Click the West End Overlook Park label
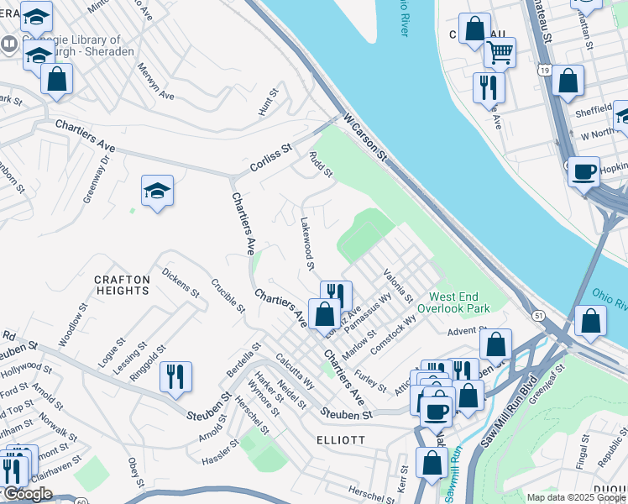[459, 302]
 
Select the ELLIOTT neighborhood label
[340, 439]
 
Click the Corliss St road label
[270, 159]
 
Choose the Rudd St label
[321, 165]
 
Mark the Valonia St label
[398, 286]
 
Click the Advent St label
[462, 332]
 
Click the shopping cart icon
[500, 53]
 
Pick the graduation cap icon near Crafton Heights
[157, 192]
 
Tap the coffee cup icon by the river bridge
[584, 172]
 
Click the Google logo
[29, 494]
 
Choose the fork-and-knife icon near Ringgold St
[175, 377]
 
